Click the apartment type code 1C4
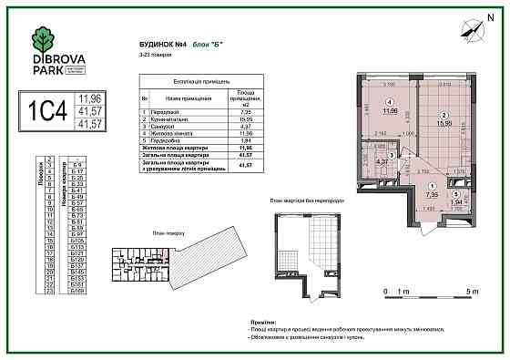[50, 111]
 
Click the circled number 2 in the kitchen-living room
[444, 114]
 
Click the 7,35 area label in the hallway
[433, 193]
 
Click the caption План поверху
[157, 231]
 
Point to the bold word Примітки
[263, 321]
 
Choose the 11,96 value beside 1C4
[89, 97]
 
